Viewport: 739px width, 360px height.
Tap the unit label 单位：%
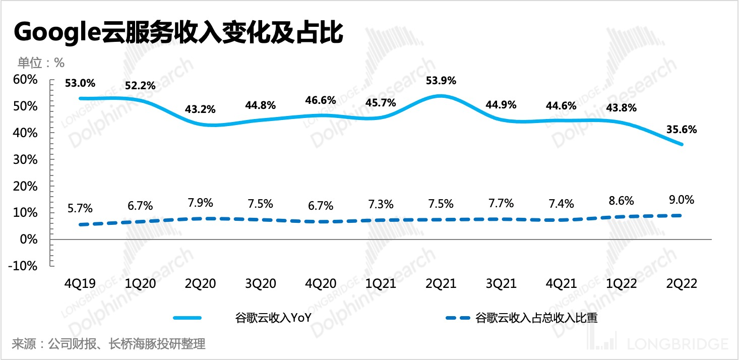41,63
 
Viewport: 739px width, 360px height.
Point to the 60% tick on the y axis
26,80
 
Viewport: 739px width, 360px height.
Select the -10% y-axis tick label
23,266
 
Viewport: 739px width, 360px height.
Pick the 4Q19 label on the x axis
80,284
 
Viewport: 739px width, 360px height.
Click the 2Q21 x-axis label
441,284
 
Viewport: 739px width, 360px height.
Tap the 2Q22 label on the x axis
682,284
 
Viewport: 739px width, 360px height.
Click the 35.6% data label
682,130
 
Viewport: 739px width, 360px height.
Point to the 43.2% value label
201,109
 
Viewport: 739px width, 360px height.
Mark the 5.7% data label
80,208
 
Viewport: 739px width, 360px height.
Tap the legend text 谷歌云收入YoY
273,318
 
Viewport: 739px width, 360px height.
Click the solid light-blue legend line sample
188,318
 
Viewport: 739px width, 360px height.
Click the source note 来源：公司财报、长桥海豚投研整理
108,345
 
